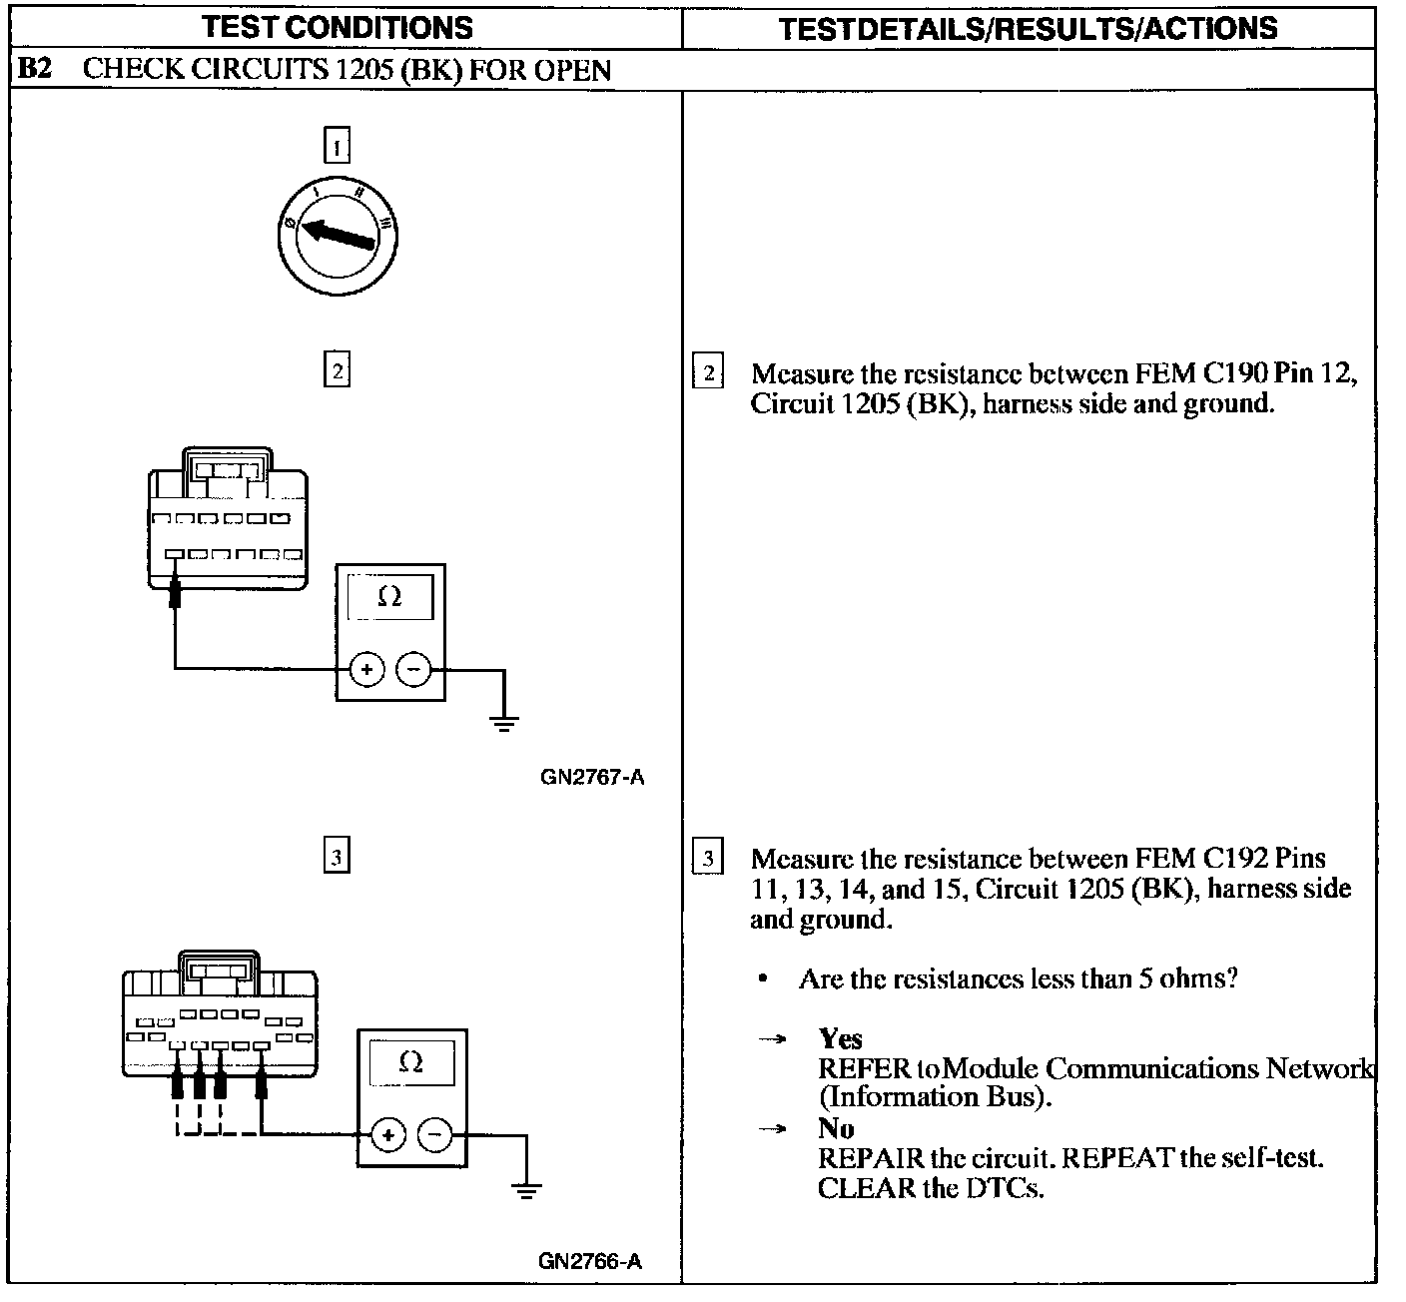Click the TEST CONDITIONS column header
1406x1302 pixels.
(x=337, y=28)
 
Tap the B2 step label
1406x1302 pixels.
(x=35, y=69)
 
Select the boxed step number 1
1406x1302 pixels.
(x=337, y=146)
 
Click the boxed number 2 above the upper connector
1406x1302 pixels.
(x=337, y=369)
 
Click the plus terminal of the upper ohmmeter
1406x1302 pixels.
(x=366, y=669)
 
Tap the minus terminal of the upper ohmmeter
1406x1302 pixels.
(x=413, y=669)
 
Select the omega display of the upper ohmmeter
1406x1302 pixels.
(x=390, y=597)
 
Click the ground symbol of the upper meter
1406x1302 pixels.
(x=503, y=723)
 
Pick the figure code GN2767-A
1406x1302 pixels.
(x=592, y=778)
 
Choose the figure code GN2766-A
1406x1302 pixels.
(x=590, y=1261)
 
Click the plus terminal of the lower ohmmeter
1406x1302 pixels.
(x=388, y=1135)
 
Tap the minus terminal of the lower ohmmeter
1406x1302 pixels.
(x=434, y=1135)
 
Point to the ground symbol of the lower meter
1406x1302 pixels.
(x=525, y=1190)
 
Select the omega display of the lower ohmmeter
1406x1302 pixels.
(x=411, y=1062)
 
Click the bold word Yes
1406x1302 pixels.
(x=840, y=1038)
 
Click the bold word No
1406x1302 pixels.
(x=836, y=1128)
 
